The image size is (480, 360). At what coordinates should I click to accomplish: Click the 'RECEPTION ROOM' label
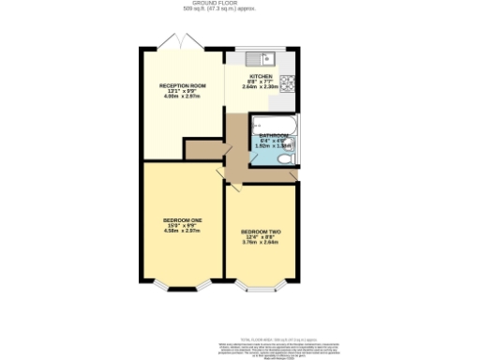point(183,85)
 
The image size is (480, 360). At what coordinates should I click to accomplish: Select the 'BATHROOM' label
point(273,135)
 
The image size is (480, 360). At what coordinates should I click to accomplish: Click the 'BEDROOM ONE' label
point(183,220)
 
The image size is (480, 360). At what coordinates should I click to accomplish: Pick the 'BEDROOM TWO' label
point(262,232)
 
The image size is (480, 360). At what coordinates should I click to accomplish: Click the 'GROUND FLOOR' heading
point(240,4)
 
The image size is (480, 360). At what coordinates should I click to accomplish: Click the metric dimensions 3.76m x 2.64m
point(262,241)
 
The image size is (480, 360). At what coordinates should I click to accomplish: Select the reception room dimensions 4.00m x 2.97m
point(183,97)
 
